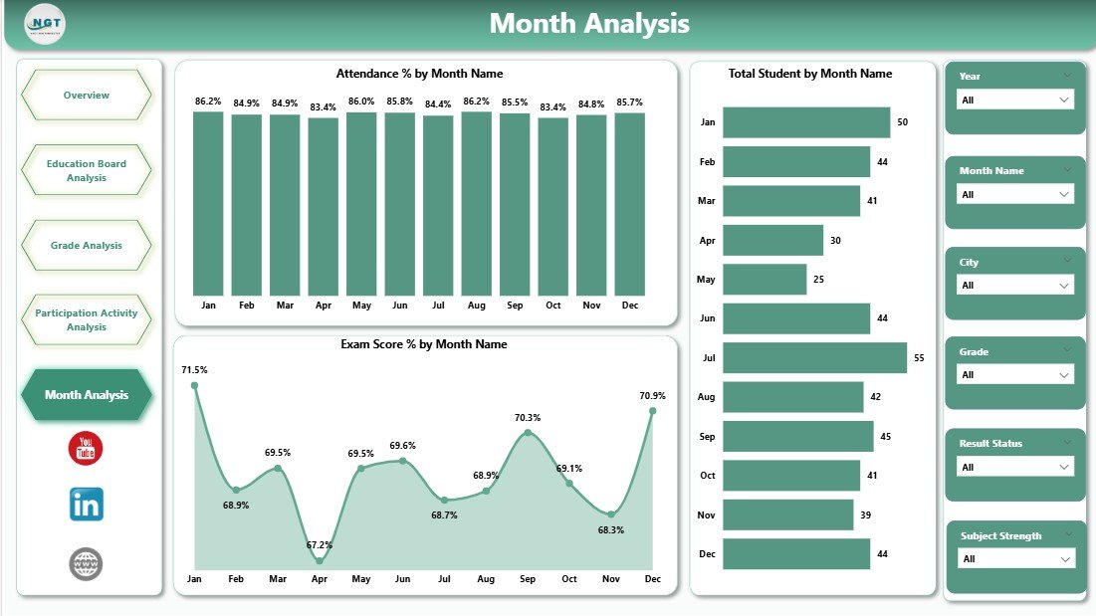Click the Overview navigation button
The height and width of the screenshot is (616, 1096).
click(86, 96)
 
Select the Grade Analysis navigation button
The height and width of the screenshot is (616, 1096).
click(86, 245)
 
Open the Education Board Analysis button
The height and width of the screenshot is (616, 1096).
click(86, 170)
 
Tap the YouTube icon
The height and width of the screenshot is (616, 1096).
click(87, 449)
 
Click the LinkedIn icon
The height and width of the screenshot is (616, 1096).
click(87, 505)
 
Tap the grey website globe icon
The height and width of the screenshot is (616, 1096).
click(87, 564)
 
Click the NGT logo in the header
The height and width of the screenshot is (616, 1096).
click(45, 24)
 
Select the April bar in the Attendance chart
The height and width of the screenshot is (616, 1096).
click(323, 207)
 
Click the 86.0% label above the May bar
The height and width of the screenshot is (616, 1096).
click(361, 102)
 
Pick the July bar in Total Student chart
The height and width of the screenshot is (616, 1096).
click(814, 358)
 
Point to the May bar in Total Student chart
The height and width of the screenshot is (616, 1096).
click(764, 279)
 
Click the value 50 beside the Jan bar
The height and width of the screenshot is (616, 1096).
click(902, 122)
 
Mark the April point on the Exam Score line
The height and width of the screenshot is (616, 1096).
click(320, 561)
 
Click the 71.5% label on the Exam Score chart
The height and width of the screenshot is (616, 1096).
click(195, 370)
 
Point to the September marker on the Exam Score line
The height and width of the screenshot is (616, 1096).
click(528, 432)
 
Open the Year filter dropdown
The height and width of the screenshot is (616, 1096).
click(1014, 100)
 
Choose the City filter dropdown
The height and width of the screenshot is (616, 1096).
click(1014, 286)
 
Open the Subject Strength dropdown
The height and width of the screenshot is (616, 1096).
click(1014, 559)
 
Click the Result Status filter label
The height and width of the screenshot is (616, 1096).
click(989, 444)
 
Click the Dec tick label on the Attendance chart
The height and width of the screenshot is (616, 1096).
click(629, 306)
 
